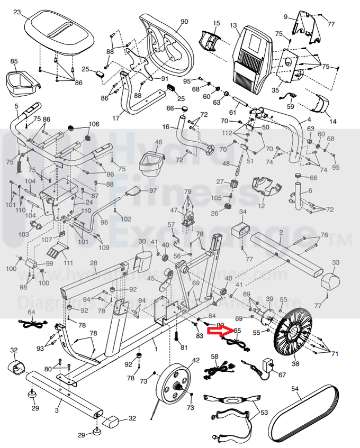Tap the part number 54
(x=295, y=389)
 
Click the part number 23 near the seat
(x=17, y=12)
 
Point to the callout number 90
(x=184, y=22)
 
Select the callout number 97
(x=153, y=190)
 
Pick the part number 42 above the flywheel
(x=195, y=360)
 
